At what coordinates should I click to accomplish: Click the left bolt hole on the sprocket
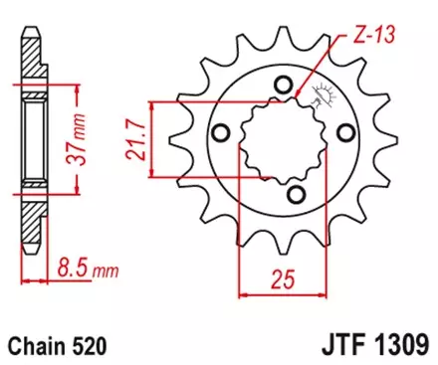[221, 134]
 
